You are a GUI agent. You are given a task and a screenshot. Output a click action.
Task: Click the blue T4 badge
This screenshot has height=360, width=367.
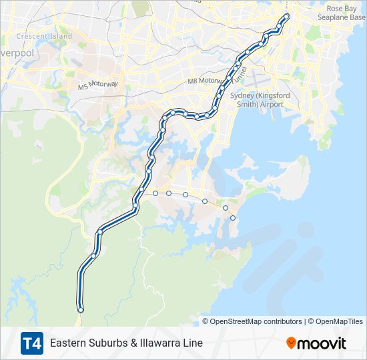(x=31, y=343)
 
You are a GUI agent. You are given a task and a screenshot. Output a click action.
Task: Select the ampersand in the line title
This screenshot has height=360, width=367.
(x=125, y=343)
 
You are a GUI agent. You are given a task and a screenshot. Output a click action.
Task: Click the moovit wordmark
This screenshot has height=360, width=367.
(x=322, y=343)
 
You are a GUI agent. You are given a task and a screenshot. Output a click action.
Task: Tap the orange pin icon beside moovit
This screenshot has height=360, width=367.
(x=291, y=343)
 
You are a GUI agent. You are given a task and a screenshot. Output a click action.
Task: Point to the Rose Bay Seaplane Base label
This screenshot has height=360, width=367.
(x=344, y=13)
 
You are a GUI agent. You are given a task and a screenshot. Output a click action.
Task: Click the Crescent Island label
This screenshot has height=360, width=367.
(x=44, y=36)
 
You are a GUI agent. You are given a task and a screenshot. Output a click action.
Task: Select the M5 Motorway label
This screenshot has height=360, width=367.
(x=97, y=85)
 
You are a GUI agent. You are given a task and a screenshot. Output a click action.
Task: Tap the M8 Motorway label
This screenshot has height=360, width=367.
(x=204, y=81)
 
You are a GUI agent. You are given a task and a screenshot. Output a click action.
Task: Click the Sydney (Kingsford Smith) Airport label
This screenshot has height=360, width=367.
(x=257, y=100)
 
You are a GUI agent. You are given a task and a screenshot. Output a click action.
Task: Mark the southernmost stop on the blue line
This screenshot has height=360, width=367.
(x=81, y=310)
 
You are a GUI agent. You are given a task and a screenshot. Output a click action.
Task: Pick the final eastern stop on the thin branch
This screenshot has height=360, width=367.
(x=233, y=218)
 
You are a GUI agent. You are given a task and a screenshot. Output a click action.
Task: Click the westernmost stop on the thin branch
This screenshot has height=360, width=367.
(x=155, y=193)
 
